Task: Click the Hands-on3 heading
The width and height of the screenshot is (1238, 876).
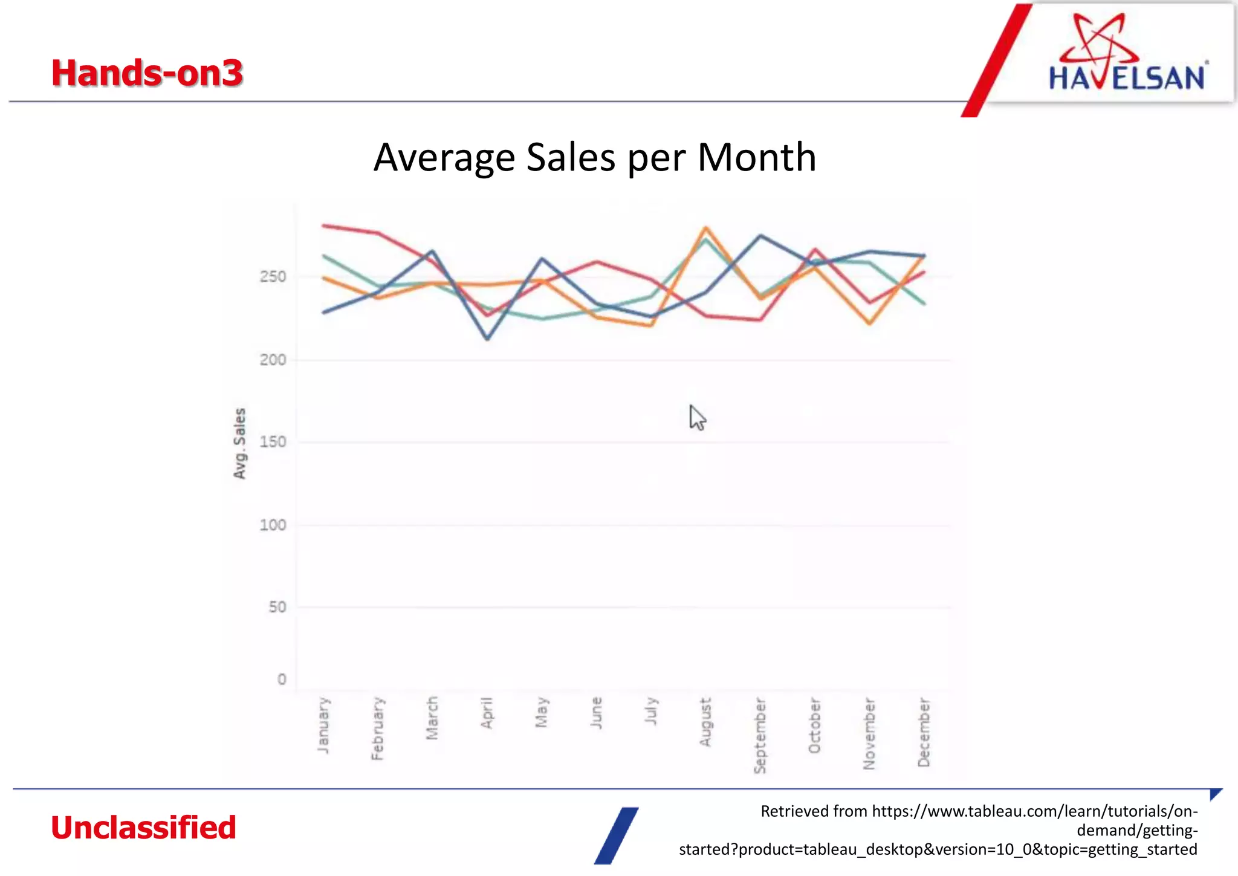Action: click(147, 73)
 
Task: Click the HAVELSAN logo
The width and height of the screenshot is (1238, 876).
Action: click(1126, 55)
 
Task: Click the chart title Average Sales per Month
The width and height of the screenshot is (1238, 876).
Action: click(595, 157)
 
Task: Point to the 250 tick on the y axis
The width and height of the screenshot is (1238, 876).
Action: click(273, 277)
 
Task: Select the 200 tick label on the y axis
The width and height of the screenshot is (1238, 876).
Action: click(273, 360)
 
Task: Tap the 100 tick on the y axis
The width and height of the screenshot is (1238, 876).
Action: click(273, 525)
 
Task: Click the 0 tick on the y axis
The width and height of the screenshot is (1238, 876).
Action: click(282, 680)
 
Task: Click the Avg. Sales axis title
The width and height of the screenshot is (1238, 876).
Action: click(240, 443)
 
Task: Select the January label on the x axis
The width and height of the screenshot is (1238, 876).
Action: click(324, 725)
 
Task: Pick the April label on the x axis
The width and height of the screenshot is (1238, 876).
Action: click(487, 713)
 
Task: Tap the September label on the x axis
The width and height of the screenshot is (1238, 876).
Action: click(760, 735)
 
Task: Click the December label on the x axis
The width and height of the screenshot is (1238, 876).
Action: click(924, 732)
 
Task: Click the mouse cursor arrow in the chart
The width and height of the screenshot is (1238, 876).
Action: click(696, 417)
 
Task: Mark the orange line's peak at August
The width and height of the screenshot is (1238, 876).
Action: click(705, 229)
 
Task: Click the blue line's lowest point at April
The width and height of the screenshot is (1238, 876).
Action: click(487, 339)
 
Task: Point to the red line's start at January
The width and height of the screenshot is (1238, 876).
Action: click(325, 225)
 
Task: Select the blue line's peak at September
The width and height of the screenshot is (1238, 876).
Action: click(760, 236)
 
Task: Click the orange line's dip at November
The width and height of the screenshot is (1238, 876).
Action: click(869, 323)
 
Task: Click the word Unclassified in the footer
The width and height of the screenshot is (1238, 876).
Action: click(143, 828)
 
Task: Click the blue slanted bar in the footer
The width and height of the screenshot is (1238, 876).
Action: click(617, 835)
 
